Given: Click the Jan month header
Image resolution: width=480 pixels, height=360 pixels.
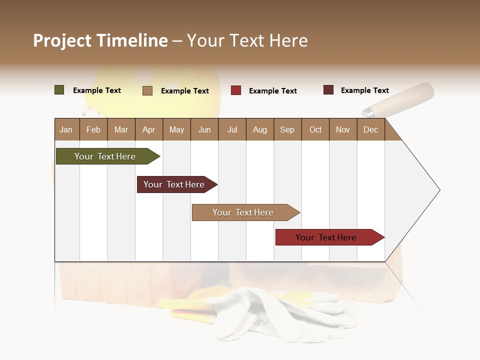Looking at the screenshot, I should point(66,129).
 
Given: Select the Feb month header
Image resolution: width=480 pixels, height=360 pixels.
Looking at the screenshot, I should point(93,129).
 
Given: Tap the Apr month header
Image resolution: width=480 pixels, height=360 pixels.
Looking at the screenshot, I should point(149,129).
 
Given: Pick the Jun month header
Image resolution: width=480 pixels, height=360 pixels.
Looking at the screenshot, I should point(204,129).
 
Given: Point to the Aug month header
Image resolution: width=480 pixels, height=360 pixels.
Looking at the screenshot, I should point(260,129).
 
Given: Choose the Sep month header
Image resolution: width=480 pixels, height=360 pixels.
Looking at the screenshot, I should point(287,129).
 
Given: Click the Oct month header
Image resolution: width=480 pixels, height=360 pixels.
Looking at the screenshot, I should point(315,129).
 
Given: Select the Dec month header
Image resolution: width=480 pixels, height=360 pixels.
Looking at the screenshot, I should point(371,129).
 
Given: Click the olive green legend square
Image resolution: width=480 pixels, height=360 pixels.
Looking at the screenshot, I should point(59,90).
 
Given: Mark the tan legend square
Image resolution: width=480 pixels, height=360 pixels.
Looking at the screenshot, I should point(147,90).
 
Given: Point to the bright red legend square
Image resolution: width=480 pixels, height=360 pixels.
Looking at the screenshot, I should point(236,90).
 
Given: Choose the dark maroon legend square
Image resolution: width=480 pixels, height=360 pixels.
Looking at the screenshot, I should point(328,90).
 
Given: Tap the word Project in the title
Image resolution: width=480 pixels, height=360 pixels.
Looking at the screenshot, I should point(62,40).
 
